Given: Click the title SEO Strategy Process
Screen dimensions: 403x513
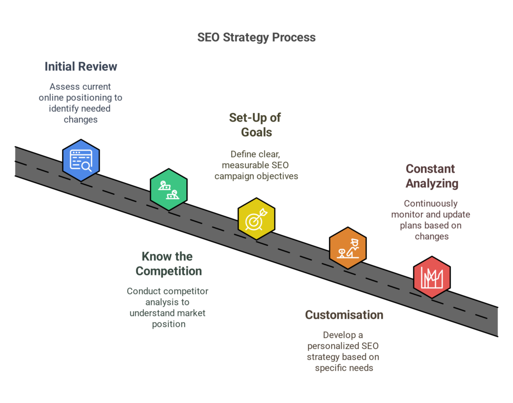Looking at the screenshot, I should (x=256, y=38).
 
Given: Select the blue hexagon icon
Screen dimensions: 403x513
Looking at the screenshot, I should (x=81, y=160).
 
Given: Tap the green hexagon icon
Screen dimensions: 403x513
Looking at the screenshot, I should (x=169, y=190).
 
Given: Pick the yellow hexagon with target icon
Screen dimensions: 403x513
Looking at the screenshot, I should (x=256, y=218).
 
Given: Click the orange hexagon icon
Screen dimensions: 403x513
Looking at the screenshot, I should (x=348, y=247).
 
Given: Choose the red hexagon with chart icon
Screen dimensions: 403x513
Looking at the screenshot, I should (x=431, y=277).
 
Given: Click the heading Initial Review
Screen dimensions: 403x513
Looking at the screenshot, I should (x=81, y=67).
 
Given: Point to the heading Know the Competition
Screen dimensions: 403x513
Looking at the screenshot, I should (x=169, y=264).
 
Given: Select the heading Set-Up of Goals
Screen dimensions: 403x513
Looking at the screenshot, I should (x=255, y=125).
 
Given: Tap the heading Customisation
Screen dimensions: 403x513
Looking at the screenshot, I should (x=344, y=315).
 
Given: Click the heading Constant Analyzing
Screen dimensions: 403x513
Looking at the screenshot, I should (x=431, y=176).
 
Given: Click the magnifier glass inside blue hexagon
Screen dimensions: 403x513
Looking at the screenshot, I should (x=86, y=166).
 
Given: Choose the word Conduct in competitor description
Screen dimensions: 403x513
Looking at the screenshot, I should (x=143, y=291).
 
